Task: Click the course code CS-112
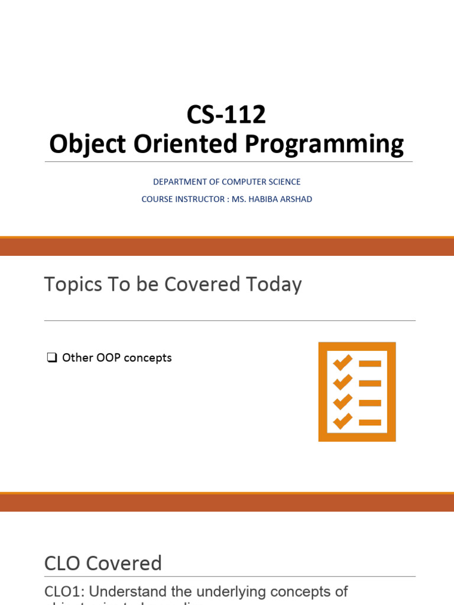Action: click(226, 115)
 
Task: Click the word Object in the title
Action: click(85, 145)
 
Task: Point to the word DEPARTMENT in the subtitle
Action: click(177, 182)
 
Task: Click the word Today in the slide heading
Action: click(274, 285)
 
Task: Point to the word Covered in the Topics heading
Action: click(201, 285)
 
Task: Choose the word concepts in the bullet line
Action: click(150, 358)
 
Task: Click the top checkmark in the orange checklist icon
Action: click(342, 362)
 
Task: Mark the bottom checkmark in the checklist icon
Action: click(342, 421)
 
